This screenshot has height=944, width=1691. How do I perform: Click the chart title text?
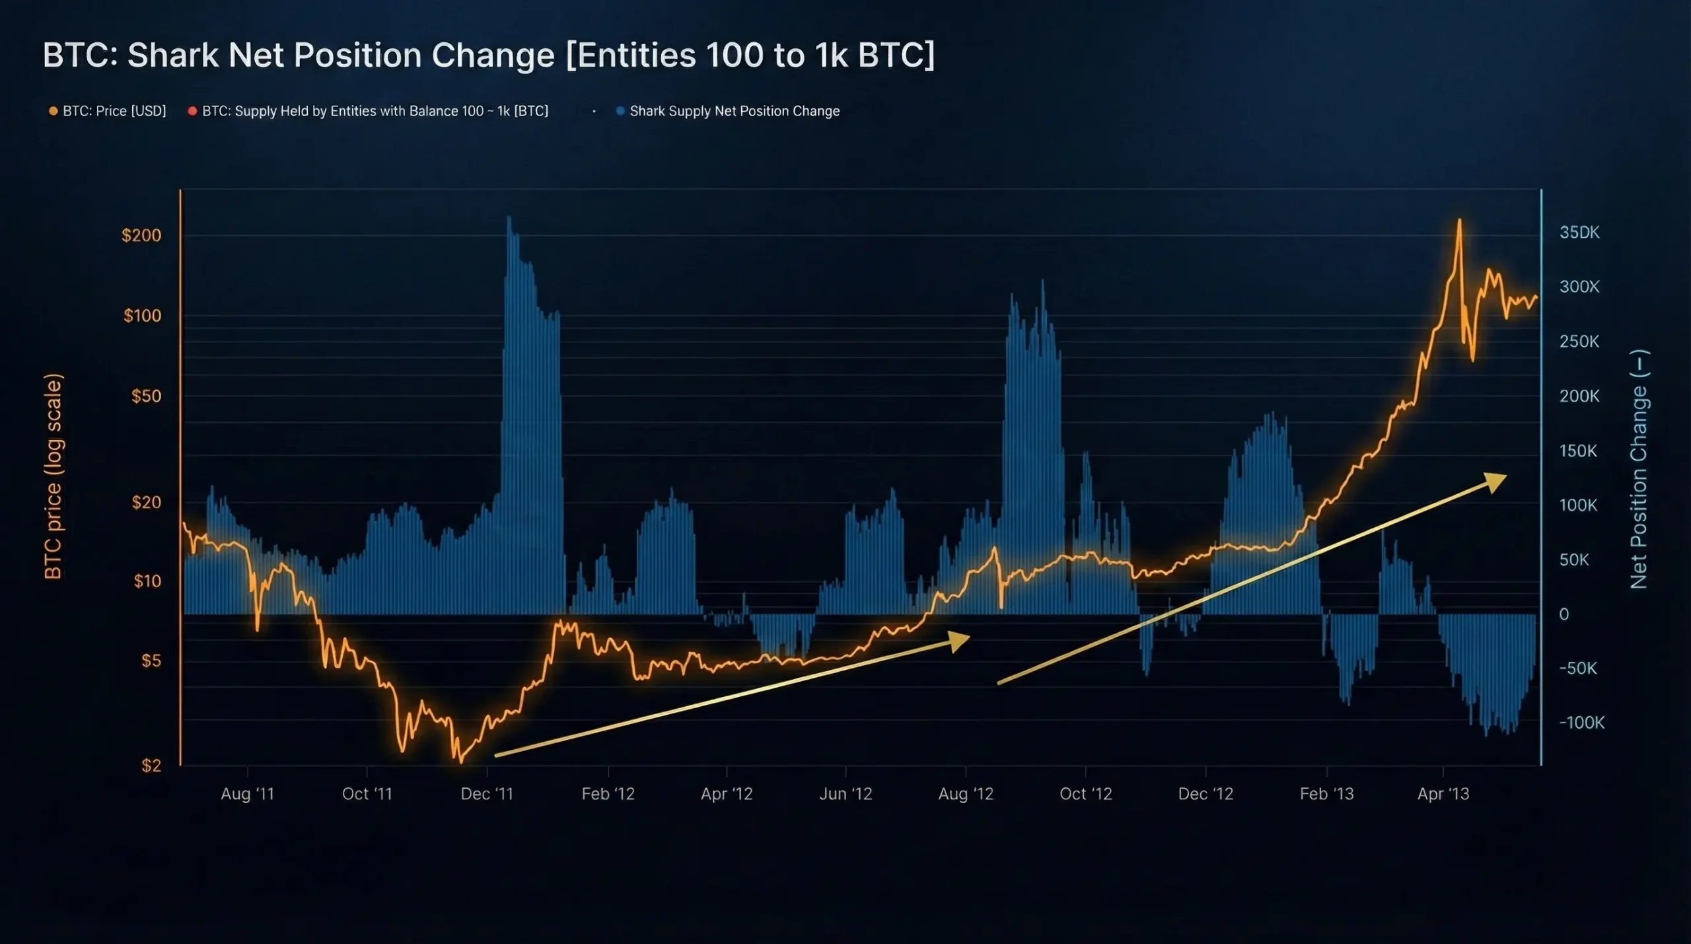coord(488,55)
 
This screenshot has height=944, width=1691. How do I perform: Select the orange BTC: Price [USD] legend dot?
coord(54,111)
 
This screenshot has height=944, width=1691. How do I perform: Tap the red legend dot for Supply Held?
coord(192,111)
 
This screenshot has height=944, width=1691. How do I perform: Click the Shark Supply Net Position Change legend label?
coord(734,111)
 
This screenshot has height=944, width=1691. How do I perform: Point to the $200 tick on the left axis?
coord(141,235)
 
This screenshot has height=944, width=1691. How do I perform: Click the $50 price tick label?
coord(146,396)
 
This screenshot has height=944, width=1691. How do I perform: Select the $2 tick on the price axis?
coord(151,765)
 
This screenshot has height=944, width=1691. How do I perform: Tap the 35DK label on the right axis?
coord(1579,232)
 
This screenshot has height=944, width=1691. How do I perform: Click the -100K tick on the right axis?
coord(1581,722)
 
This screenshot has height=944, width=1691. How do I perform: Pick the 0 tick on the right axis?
coord(1564,614)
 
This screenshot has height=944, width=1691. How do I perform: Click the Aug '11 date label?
coord(247,793)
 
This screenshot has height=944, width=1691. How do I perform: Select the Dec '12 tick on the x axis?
coord(1205,793)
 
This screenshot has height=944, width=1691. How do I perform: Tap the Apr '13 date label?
coord(1443,793)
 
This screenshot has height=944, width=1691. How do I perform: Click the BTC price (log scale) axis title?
coord(53,476)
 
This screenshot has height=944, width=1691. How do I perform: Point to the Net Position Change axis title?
coord(1639,469)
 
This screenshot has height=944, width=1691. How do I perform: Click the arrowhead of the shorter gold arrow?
coord(960,639)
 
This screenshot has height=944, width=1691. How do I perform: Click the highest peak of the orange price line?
coord(1459,221)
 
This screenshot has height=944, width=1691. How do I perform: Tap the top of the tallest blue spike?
coord(509,217)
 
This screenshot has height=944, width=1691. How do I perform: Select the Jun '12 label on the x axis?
coord(845,793)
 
